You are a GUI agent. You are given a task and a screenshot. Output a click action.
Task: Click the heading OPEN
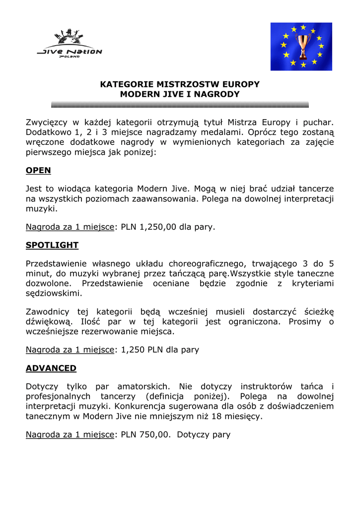pyautogui.click(x=38, y=170)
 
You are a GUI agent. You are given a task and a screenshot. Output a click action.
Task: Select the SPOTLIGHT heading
pyautogui.click(x=52, y=245)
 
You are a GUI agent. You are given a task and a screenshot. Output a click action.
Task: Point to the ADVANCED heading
pyautogui.click(x=51, y=368)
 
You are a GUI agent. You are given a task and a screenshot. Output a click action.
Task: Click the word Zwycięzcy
pyautogui.click(x=47, y=122)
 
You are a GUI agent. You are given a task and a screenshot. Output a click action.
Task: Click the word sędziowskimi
pyautogui.click(x=53, y=293)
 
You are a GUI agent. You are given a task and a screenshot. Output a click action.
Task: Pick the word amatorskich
pyautogui.click(x=147, y=386)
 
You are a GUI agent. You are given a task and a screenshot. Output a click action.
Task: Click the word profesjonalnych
pyautogui.click(x=58, y=396)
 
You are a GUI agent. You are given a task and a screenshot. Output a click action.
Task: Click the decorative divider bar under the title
pyautogui.click(x=180, y=105)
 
